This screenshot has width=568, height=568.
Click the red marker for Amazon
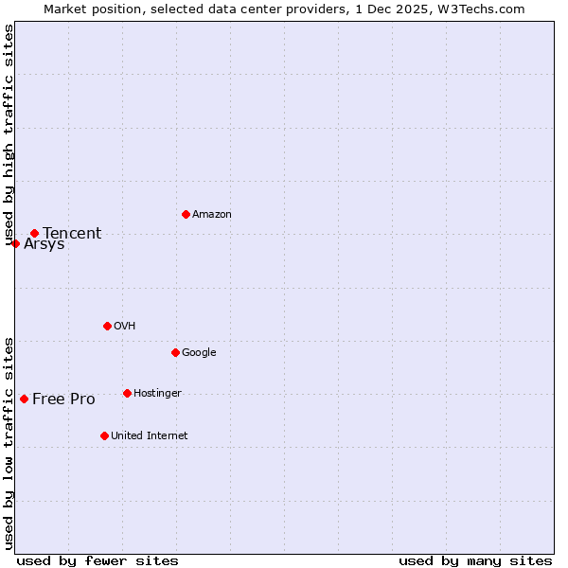[x=186, y=214]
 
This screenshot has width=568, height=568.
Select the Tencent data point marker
[x=34, y=233]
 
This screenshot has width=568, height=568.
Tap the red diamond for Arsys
[x=15, y=243]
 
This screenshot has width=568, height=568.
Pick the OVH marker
[x=107, y=326]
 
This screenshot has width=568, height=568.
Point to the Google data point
[x=175, y=352]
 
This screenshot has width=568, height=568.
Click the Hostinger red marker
[x=127, y=393]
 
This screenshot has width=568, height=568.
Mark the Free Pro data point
[x=24, y=399]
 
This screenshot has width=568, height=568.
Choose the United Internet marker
[x=104, y=435]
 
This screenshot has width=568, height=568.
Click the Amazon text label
[x=212, y=215]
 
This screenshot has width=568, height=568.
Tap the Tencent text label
[x=72, y=234]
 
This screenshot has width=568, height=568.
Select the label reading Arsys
[x=44, y=244]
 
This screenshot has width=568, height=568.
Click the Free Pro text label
[x=63, y=399]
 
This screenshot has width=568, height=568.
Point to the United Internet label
[x=150, y=436]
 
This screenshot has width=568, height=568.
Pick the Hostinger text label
[x=157, y=394]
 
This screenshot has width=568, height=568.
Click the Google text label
[x=199, y=353]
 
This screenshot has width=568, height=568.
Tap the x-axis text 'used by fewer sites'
[x=98, y=560]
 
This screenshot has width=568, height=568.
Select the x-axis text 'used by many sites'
[x=475, y=560]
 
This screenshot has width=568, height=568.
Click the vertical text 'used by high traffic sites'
[x=9, y=135]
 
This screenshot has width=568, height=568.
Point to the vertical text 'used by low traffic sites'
[x=9, y=442]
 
